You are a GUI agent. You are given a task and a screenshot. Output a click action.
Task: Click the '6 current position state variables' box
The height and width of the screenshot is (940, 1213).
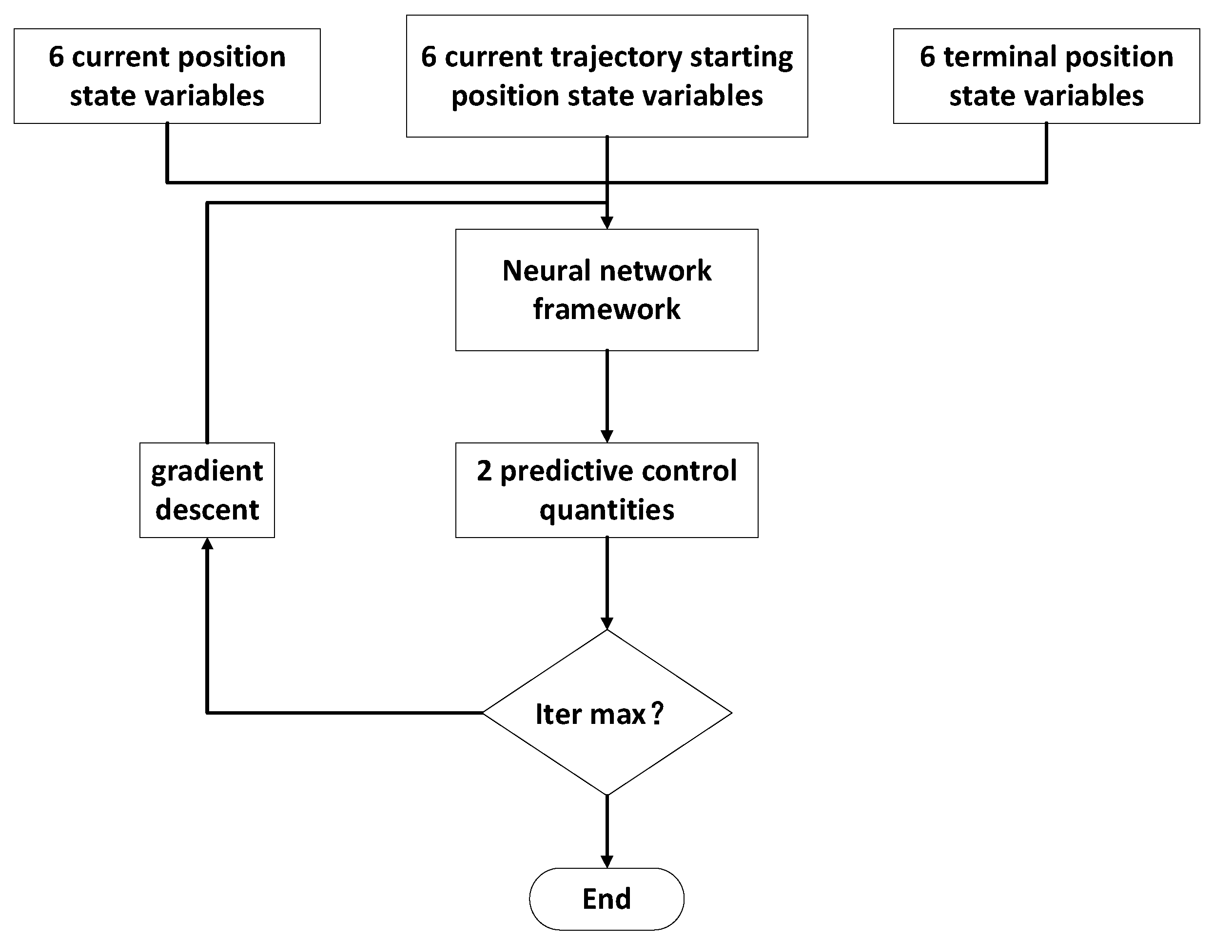coord(167,76)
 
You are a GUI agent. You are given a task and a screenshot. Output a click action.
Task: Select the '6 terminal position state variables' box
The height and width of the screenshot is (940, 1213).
coord(1046,76)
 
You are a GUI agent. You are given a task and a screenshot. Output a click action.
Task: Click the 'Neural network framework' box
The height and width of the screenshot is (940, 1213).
coord(606,290)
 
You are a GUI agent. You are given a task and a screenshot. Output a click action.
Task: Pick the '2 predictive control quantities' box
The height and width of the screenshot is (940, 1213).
coord(606,490)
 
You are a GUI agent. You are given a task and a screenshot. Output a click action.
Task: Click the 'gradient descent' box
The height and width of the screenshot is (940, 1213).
coord(207,490)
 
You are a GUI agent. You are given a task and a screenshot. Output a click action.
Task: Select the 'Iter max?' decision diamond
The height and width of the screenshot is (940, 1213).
coord(606,713)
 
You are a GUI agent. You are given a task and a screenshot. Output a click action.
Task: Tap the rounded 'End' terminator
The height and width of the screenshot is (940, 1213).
coord(606,899)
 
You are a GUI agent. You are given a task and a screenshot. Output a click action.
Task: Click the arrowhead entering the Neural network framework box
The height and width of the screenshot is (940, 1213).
coord(607,223)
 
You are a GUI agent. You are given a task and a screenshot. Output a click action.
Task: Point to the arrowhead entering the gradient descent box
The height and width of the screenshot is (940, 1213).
coord(207,544)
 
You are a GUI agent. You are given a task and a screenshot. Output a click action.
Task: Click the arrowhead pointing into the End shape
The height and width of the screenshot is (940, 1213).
coord(607,861)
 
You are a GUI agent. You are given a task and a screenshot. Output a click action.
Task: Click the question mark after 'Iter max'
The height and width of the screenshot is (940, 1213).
coord(657,713)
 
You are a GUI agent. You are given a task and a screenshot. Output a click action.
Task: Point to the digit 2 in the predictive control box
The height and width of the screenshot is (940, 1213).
coord(484,471)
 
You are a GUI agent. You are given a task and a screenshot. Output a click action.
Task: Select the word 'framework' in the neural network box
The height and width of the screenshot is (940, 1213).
coord(606,309)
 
